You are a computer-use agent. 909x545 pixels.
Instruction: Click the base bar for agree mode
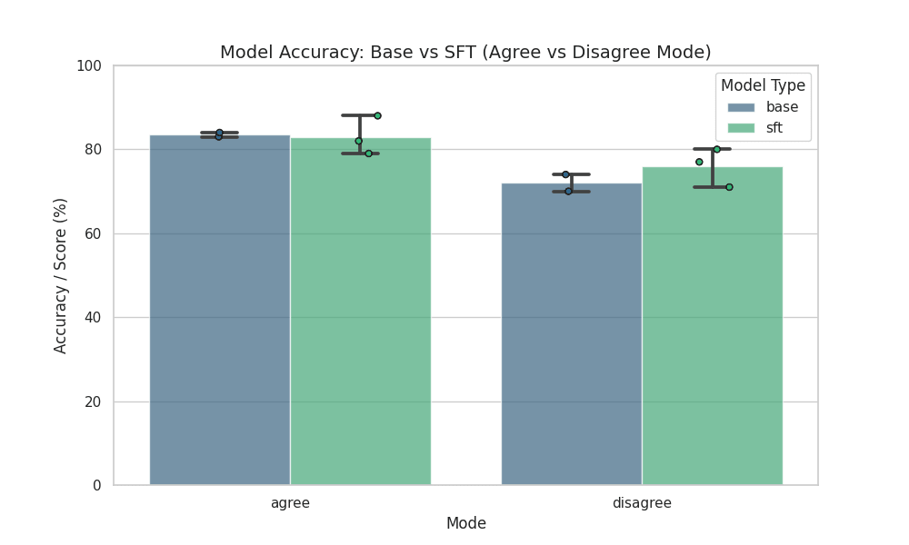tap(220, 310)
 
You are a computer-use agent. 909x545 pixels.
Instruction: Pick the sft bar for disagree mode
tap(712, 326)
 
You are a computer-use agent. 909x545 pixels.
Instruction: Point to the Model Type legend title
tap(763, 85)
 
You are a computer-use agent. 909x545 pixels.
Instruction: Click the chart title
tap(465, 52)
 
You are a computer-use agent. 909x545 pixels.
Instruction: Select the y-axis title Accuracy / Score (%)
tap(61, 275)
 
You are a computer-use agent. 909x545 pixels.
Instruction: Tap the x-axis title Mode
tap(465, 523)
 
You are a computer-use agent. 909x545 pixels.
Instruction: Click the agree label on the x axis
tap(290, 502)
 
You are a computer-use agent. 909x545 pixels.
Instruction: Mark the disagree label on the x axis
tap(642, 502)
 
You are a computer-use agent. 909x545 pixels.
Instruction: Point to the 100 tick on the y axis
tap(89, 66)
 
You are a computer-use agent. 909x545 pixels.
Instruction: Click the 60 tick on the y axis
tap(93, 234)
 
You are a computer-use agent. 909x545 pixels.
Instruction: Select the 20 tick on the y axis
tap(93, 401)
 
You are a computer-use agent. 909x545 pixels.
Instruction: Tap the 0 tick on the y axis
tap(96, 486)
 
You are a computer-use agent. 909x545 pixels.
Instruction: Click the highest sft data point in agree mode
tap(377, 116)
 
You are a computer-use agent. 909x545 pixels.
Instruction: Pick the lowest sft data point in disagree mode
tap(729, 187)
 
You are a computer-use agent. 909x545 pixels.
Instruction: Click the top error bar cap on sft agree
tap(360, 115)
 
